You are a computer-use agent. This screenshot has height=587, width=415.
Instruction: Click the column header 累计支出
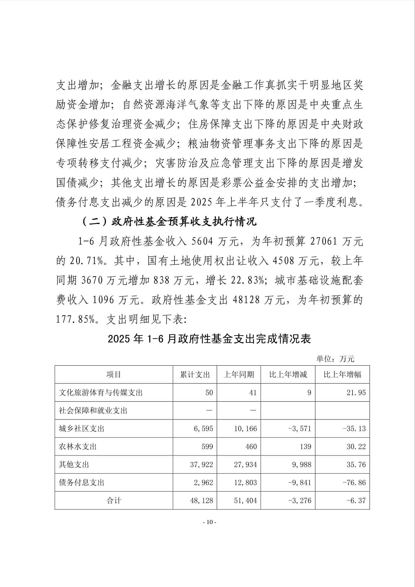click(x=195, y=375)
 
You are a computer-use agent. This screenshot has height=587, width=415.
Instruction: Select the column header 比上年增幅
click(x=342, y=375)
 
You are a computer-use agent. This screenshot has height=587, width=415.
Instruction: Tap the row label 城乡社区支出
click(x=81, y=429)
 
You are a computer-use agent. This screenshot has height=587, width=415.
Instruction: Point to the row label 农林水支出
click(x=78, y=447)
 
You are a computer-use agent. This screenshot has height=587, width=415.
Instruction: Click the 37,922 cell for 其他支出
click(x=201, y=465)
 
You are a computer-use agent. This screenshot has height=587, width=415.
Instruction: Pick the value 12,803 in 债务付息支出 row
click(x=245, y=483)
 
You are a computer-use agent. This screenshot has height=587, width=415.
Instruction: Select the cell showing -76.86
click(x=354, y=483)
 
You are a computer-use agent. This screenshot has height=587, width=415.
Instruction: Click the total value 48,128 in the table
click(x=201, y=501)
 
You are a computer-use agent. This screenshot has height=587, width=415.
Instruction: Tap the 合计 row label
click(x=114, y=501)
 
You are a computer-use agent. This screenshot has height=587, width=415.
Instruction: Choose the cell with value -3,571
click(x=299, y=429)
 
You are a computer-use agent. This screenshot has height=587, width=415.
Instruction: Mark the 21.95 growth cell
click(x=356, y=393)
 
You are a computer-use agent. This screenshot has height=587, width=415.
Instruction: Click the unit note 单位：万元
click(x=335, y=359)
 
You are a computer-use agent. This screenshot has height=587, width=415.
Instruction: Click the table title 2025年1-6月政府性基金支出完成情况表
click(x=209, y=339)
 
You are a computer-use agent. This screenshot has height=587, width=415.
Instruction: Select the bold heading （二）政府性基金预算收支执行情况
click(x=169, y=222)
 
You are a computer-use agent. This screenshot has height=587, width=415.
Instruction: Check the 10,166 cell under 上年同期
click(x=245, y=429)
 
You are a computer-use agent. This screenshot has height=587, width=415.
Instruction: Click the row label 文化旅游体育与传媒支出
click(x=101, y=393)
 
